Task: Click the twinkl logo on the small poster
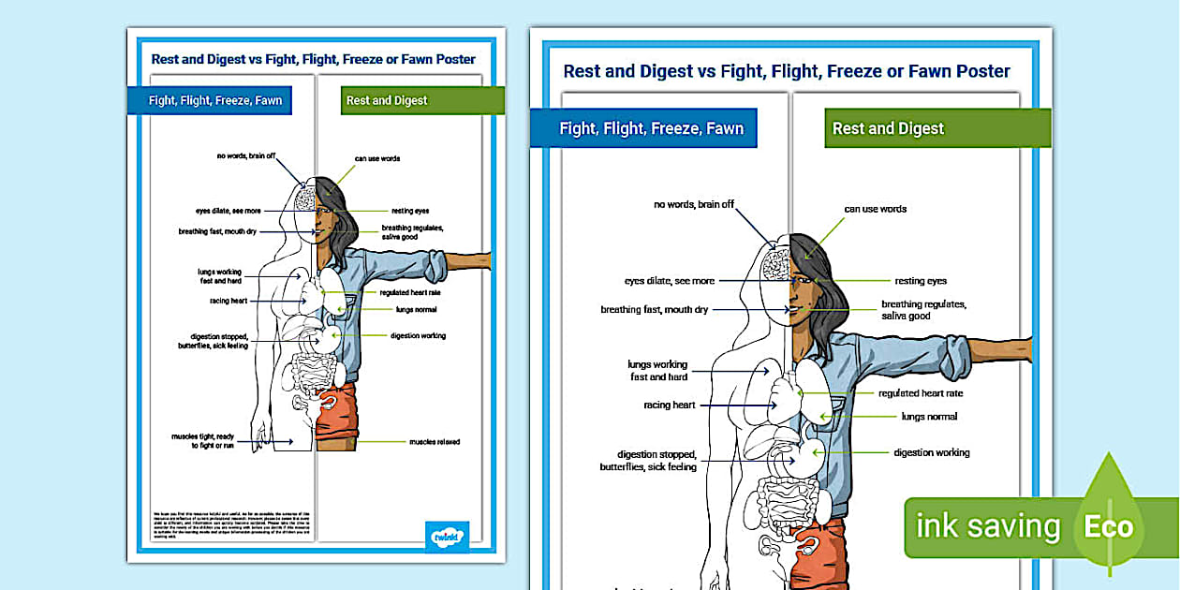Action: click(x=447, y=537)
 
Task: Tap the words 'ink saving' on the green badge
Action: click(x=987, y=527)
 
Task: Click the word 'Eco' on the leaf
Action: click(x=1109, y=527)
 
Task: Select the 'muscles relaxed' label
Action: click(x=434, y=441)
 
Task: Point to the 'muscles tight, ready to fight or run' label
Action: click(x=202, y=440)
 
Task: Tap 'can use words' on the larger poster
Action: click(x=876, y=209)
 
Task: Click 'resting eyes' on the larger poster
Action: click(x=921, y=281)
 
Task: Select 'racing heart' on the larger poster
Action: click(x=670, y=406)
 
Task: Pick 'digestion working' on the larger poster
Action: click(x=931, y=452)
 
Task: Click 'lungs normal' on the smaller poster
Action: click(x=416, y=309)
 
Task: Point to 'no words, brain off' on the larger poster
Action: click(x=694, y=204)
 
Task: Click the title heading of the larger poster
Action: click(x=787, y=71)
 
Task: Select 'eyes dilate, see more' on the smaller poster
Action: click(x=229, y=211)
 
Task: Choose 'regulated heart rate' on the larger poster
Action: click(x=920, y=393)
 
